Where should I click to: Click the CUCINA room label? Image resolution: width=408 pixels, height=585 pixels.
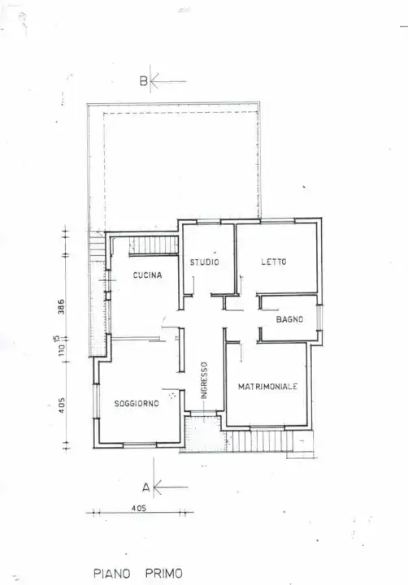pos(147,275)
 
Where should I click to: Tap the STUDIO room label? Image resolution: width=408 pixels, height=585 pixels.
pos(204,262)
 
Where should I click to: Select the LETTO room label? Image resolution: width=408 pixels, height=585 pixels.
pos(273,262)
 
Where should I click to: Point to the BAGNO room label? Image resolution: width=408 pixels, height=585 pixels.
pos(289,319)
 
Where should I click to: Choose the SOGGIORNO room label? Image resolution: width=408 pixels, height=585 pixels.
pos(136,403)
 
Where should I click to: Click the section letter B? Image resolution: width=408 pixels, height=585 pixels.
pos(143,81)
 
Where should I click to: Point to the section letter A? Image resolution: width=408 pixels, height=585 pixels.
pos(145,487)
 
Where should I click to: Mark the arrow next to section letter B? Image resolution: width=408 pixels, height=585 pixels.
pos(168,81)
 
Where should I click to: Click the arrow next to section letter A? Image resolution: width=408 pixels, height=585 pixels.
pos(169,487)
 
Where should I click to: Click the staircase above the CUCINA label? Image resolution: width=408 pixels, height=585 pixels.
pos(154,244)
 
